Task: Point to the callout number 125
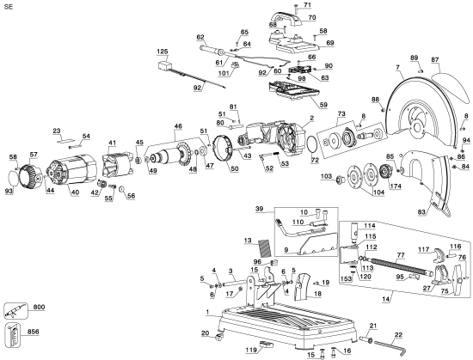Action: coord(163,52)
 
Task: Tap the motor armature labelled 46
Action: coord(176,159)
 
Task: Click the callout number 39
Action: coord(259,210)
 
